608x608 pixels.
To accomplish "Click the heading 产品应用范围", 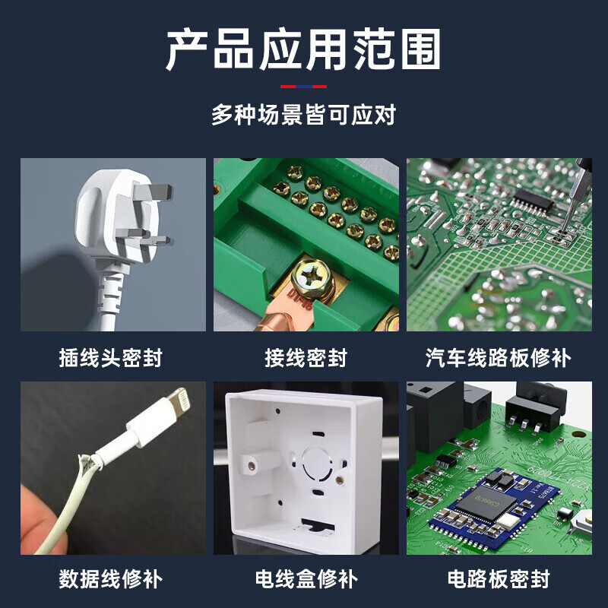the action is tap(303, 49).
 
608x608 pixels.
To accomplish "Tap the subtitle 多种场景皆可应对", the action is tap(303, 115).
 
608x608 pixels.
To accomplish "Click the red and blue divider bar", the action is tap(303, 87).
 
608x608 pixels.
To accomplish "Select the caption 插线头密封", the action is tap(111, 357).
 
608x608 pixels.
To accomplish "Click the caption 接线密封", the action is tap(306, 357).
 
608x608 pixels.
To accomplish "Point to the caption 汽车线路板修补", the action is tap(499, 357).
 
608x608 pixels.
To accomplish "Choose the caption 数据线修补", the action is tap(111, 579).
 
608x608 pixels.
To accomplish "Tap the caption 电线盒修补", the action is tap(306, 579).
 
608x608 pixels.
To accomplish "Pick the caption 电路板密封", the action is tap(499, 579).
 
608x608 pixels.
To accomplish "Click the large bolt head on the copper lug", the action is tap(313, 278).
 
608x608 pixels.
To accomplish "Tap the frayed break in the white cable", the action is tap(87, 464).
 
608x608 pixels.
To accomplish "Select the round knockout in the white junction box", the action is tap(317, 464).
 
